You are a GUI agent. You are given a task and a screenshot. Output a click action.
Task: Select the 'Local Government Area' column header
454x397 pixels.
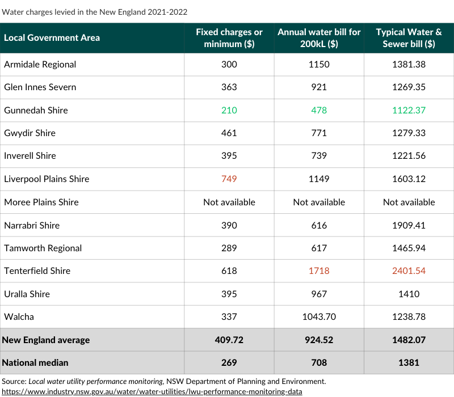point(52,38)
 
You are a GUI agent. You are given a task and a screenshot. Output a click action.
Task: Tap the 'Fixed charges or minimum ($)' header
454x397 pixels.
point(229,38)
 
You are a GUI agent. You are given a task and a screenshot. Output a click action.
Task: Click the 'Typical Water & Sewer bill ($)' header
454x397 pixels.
point(409,38)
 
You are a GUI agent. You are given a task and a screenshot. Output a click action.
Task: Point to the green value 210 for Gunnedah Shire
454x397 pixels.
point(229,110)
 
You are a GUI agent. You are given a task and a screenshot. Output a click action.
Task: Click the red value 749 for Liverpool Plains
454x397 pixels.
point(229,179)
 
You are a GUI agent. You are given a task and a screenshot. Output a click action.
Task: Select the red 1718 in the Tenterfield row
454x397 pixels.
point(319,271)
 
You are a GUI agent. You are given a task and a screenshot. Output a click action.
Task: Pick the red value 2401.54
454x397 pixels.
point(409,271)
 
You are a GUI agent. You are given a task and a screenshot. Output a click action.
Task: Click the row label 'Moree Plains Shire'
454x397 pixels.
point(41,202)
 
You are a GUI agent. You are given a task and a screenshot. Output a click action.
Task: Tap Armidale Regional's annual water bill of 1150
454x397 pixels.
point(319,64)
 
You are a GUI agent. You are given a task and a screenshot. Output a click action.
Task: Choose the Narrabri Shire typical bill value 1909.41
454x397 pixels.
point(409,225)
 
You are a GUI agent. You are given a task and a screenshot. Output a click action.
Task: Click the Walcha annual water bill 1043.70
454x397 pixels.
point(319,317)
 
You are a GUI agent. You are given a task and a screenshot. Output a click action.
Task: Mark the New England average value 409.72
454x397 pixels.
point(229,340)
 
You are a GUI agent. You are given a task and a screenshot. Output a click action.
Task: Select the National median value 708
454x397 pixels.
point(319,362)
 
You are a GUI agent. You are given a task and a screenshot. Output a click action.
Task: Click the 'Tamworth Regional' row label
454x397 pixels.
point(43,248)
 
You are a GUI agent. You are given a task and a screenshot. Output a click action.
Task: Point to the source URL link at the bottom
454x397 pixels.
point(152,391)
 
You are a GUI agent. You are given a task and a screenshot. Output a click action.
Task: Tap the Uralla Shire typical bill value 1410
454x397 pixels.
point(409,294)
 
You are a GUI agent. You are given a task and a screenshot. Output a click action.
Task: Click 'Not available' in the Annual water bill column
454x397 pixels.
point(319,202)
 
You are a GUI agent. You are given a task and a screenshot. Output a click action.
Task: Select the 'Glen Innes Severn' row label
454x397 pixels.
point(40,87)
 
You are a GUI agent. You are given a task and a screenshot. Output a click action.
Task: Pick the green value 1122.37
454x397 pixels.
point(409,110)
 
